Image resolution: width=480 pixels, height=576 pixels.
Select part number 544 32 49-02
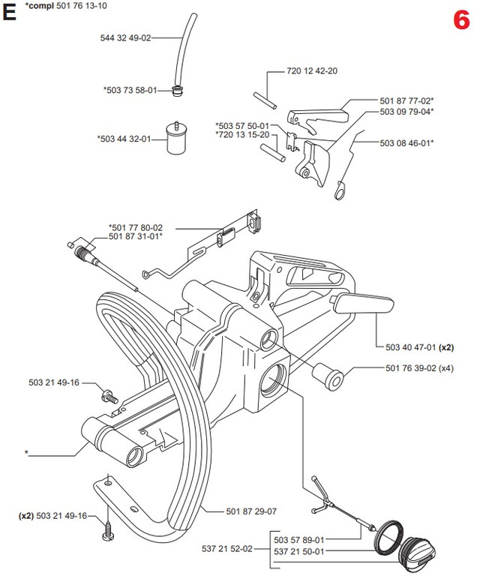pos(125,37)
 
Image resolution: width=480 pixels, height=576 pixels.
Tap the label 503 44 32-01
pos(124,138)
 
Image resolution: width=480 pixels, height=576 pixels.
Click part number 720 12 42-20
pos(312,71)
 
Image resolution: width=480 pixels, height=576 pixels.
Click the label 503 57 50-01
pos(241,125)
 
